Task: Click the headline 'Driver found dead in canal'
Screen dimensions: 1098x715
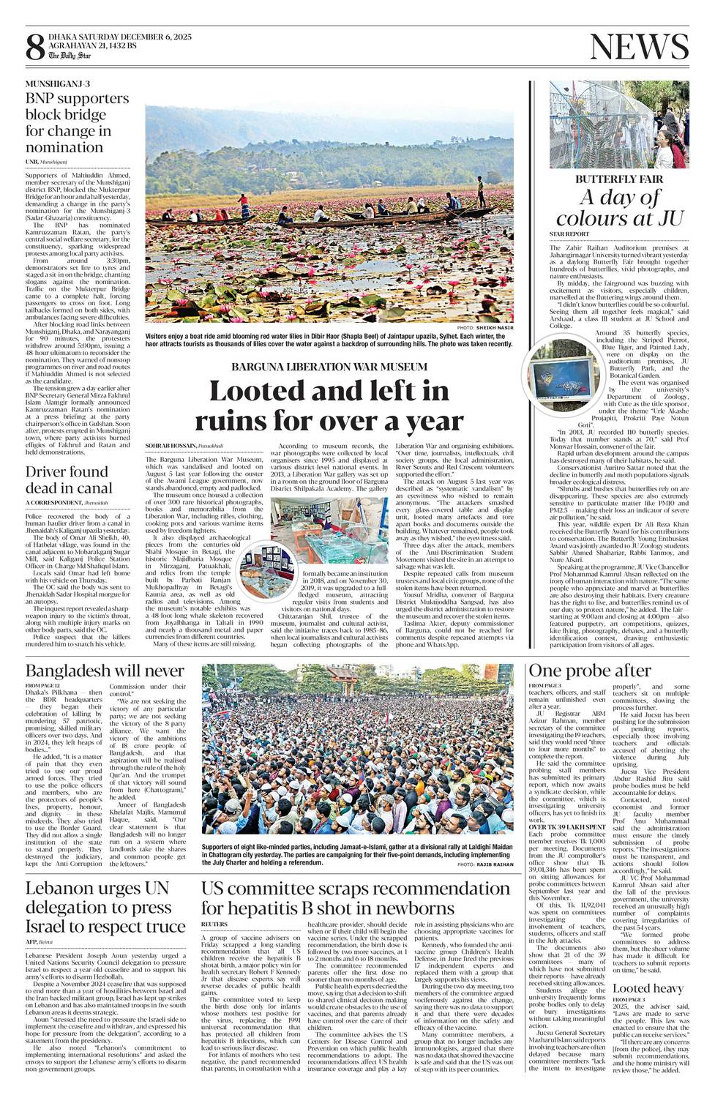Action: [70, 479]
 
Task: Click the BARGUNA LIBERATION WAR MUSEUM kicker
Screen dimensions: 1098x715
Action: [329, 366]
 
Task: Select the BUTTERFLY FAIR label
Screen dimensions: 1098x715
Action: [619, 179]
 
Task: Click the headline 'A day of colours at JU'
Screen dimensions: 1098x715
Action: [619, 208]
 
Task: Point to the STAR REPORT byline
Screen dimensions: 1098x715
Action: [569, 234]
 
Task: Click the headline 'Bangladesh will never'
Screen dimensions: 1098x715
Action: [105, 671]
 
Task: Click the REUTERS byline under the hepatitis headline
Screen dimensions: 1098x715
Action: [214, 925]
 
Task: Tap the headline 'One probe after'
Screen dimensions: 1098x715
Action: [589, 671]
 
